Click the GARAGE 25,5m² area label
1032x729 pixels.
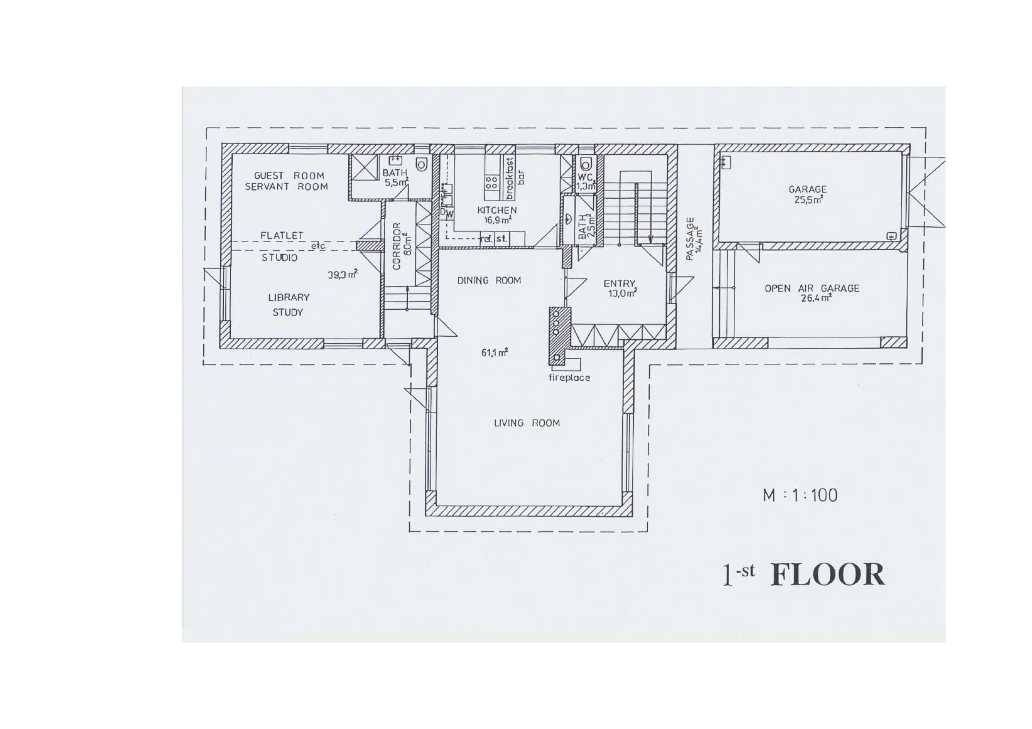[807, 194]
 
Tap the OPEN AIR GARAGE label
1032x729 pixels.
[811, 289]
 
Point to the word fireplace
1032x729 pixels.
[569, 378]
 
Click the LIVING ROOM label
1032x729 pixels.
[527, 423]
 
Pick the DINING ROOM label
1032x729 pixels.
[489, 280]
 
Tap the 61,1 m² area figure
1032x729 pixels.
[495, 353]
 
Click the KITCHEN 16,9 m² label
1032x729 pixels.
[497, 215]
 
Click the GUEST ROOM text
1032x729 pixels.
[289, 175]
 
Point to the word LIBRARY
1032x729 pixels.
[289, 297]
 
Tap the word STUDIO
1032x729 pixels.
[280, 258]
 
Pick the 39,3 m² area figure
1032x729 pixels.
[342, 275]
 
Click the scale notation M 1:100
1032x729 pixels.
[800, 495]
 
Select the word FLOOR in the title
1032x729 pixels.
[827, 575]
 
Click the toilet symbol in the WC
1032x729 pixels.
[585, 163]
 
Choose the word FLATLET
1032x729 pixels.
[282, 235]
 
